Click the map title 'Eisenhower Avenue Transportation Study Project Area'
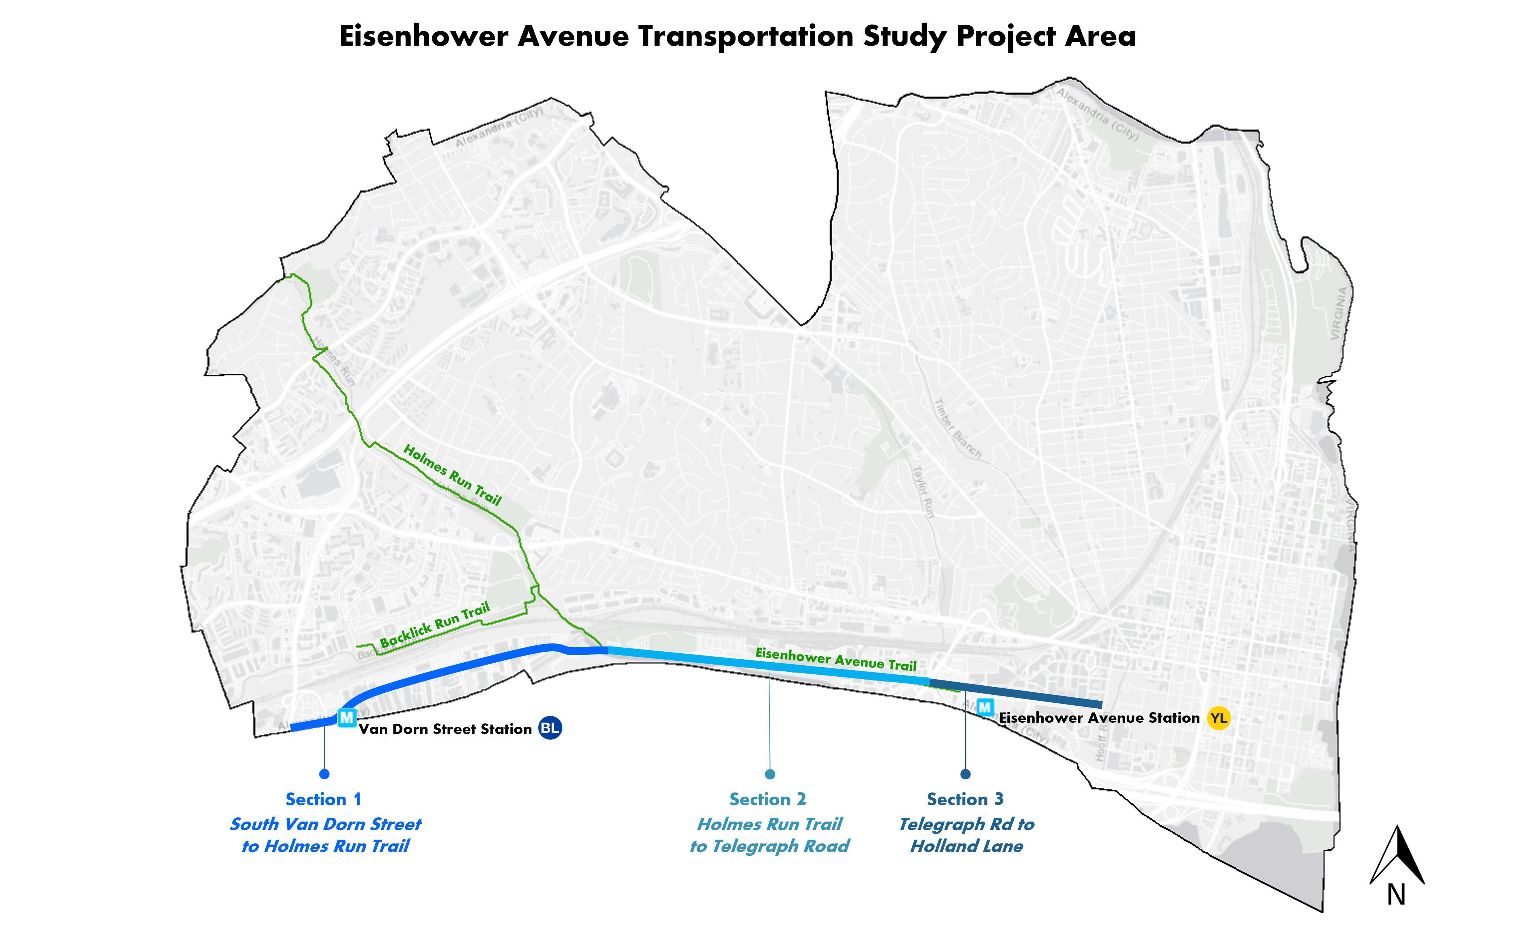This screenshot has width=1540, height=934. pyautogui.click(x=737, y=36)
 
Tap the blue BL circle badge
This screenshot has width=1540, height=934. pyautogui.click(x=550, y=728)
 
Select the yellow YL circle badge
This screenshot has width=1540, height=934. pyautogui.click(x=1218, y=718)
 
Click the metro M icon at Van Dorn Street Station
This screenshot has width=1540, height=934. pyautogui.click(x=347, y=718)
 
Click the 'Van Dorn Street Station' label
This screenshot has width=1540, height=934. pyautogui.click(x=445, y=729)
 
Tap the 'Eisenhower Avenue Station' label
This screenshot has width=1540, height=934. pyautogui.click(x=1099, y=718)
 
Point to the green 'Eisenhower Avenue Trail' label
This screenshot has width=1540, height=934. pyautogui.click(x=835, y=660)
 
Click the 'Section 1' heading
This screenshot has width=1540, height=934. pyautogui.click(x=323, y=799)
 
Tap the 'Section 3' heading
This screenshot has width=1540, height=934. pyautogui.click(x=965, y=799)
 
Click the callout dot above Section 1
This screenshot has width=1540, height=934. pyautogui.click(x=324, y=774)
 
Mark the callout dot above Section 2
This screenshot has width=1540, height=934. pyautogui.click(x=770, y=774)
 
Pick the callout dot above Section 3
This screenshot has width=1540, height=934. pyautogui.click(x=966, y=774)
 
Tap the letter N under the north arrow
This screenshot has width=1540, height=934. pyautogui.click(x=1396, y=895)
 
